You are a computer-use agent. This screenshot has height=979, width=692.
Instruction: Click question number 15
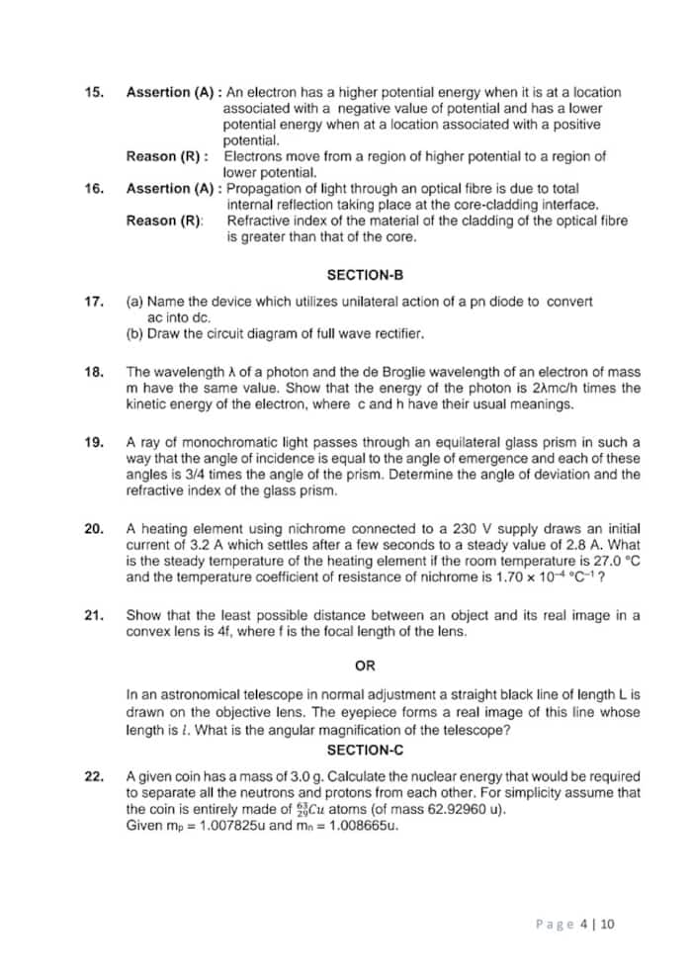[94, 93]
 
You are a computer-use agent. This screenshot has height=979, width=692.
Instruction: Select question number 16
[94, 188]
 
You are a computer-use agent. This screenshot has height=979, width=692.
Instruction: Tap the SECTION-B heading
[365, 274]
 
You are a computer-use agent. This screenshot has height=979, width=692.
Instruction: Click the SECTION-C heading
[365, 749]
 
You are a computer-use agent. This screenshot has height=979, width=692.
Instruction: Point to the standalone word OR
[365, 666]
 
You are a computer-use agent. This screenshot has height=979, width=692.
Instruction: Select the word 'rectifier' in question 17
[397, 333]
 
